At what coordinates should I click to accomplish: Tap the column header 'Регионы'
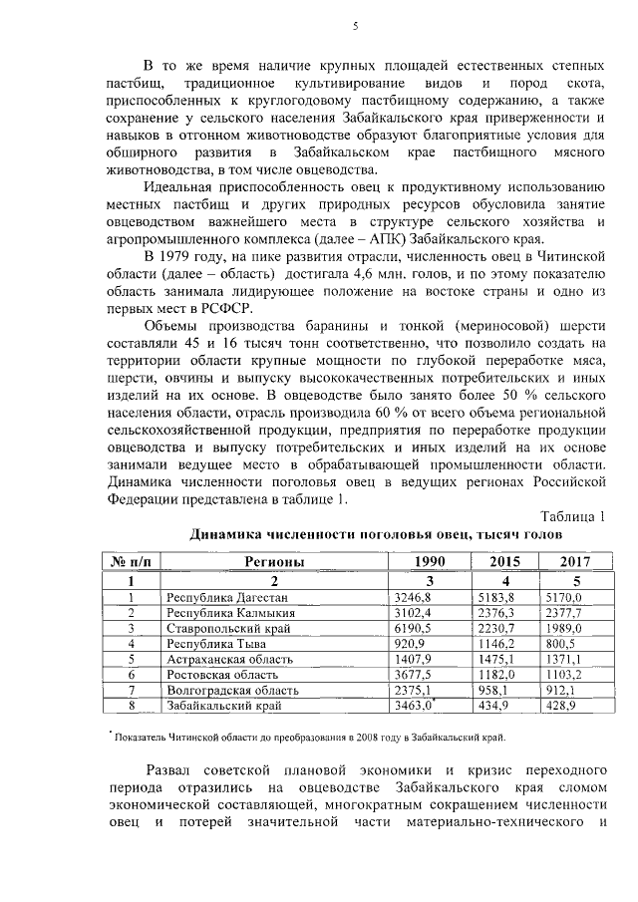tap(274, 561)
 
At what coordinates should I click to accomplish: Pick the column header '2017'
tap(574, 561)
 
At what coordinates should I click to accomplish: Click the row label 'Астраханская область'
tap(229, 660)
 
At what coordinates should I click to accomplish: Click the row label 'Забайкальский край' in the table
tap(226, 705)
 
